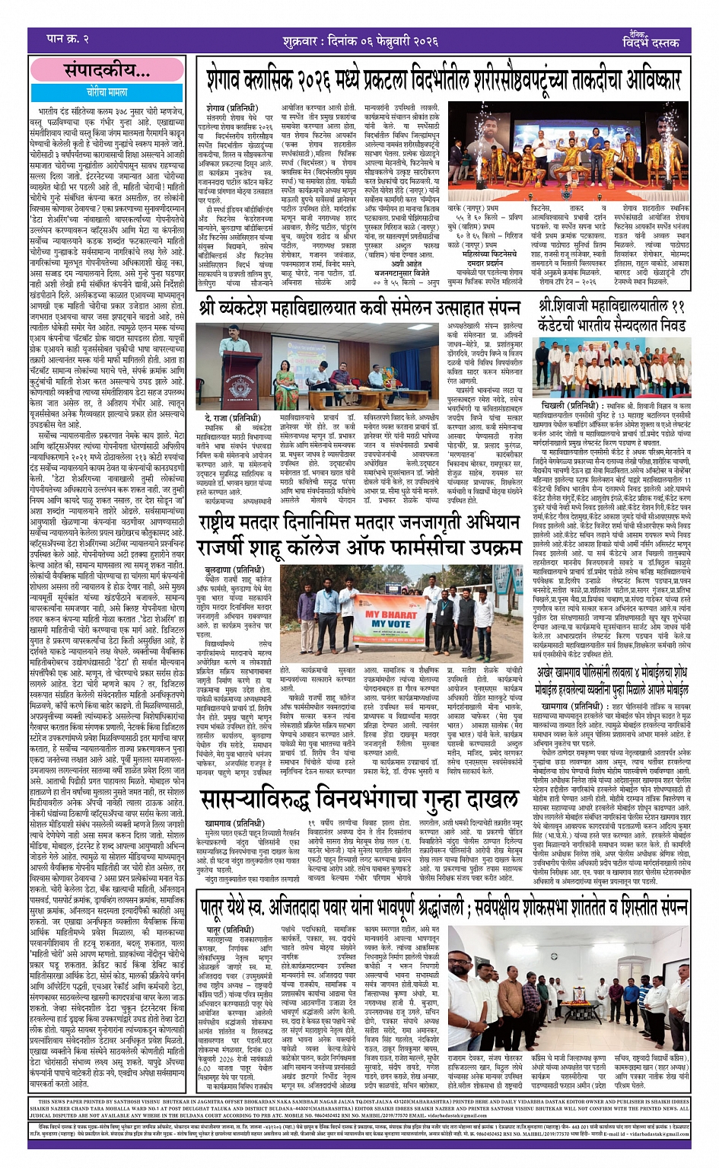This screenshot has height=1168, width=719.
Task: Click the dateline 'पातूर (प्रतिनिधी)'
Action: (229, 929)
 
